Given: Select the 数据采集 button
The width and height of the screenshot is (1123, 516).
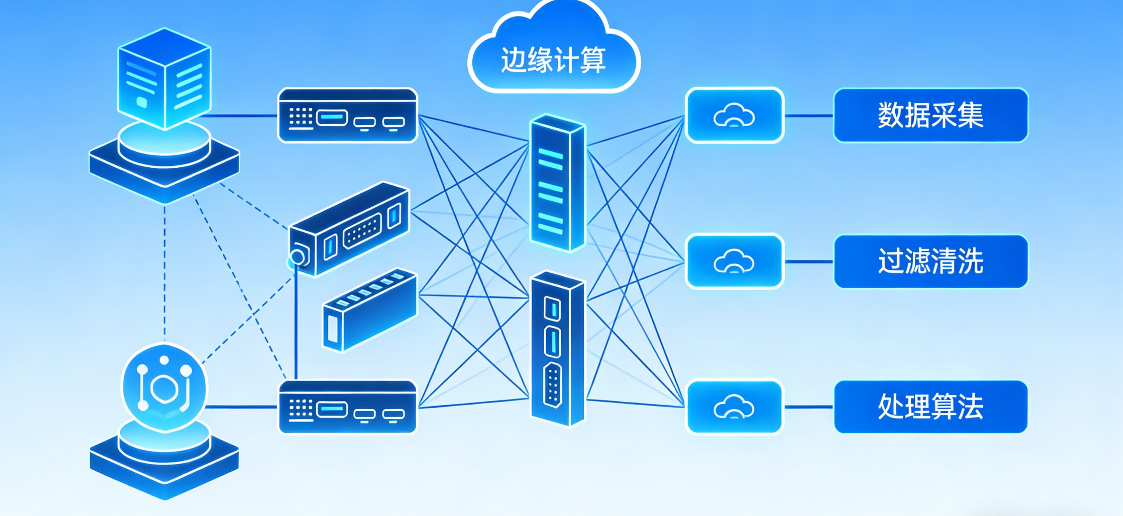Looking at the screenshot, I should [930, 116].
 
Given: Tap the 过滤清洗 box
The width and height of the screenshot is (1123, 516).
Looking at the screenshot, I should [930, 261].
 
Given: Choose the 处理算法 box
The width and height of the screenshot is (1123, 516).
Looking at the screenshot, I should [930, 407].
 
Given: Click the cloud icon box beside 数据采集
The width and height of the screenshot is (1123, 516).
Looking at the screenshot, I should [734, 116].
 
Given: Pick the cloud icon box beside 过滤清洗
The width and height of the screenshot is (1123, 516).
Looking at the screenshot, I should [734, 261].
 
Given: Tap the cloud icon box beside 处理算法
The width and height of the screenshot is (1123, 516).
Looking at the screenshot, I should [734, 407].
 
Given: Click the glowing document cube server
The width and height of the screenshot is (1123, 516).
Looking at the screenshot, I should [165, 79].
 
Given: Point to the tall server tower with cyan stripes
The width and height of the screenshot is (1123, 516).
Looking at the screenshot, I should [557, 183].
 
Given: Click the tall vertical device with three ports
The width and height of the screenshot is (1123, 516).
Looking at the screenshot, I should [557, 349].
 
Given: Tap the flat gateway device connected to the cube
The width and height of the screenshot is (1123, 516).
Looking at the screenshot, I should [348, 116].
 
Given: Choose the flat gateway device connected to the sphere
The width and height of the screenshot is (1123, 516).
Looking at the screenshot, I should [348, 407].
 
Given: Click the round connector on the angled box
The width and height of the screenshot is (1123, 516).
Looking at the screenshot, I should [298, 257].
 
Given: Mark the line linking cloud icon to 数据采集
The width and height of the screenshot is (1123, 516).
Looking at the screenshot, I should [809, 116].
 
